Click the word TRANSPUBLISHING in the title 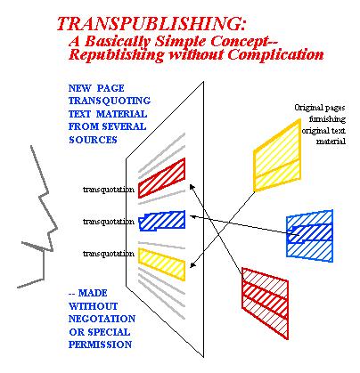(151, 24)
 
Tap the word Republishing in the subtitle (116, 55)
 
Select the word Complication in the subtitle (276, 55)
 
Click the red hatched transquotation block (162, 178)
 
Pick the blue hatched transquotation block (162, 221)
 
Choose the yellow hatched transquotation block (162, 264)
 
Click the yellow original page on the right (277, 156)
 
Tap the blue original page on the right (309, 236)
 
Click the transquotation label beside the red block (109, 190)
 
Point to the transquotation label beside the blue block (109, 222)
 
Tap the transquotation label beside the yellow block (109, 254)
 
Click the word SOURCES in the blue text (93, 140)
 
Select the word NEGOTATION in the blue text (102, 319)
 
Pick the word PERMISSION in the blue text (101, 345)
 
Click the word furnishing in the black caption (327, 119)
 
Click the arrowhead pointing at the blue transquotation (192, 216)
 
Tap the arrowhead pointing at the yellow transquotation (192, 265)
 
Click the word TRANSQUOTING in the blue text (110, 101)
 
